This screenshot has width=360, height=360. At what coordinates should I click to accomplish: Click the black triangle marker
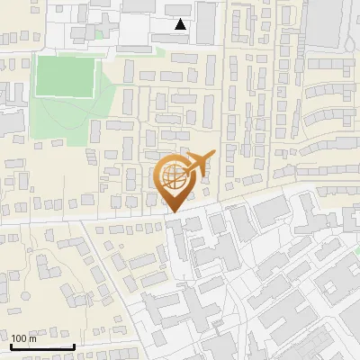tap(181, 24)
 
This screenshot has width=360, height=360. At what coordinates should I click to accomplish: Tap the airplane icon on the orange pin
tap(201, 161)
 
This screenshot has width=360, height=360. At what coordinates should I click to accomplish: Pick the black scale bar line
tap(42, 346)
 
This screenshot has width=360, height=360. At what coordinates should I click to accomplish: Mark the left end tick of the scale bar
tap(11, 345)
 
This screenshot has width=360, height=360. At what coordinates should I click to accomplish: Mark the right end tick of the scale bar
tap(74, 345)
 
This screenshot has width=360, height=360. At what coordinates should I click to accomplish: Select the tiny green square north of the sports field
tap(97, 34)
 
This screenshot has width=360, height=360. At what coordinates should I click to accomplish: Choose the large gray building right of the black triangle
tap(206, 22)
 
